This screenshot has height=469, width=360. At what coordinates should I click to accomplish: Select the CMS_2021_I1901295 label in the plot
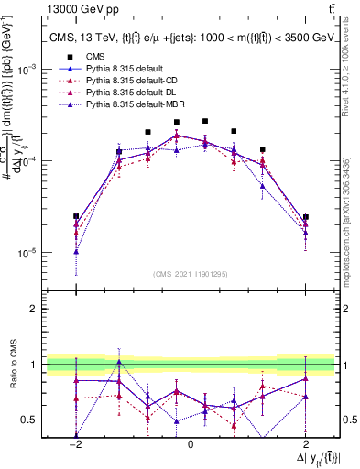pos(191,274)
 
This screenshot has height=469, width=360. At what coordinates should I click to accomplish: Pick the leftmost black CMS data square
pos(76,217)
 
